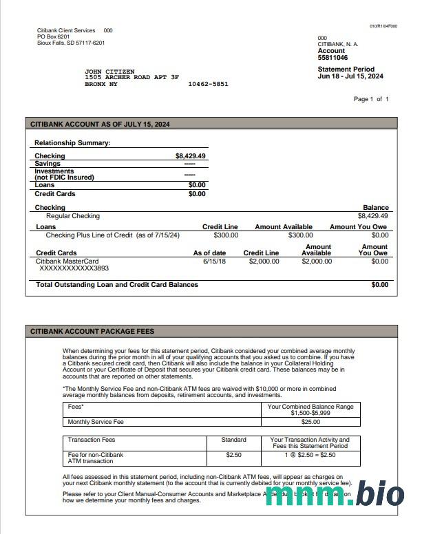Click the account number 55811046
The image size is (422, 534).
tap(333, 58)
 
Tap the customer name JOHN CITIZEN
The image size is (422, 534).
tap(109, 72)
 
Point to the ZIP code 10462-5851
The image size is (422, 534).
tap(208, 84)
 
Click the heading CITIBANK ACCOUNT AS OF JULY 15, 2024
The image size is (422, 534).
tap(100, 124)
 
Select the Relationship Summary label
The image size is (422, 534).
tap(72, 143)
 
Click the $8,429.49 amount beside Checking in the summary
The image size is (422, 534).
tap(190, 156)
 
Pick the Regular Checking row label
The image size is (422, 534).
tap(72, 216)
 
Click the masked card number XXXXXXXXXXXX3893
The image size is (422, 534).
tap(74, 268)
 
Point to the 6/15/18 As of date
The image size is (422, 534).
tap(215, 261)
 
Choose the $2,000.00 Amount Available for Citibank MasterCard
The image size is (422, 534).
tap(317, 261)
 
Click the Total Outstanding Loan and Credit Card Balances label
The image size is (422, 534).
tap(117, 284)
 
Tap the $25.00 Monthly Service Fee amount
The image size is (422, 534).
tap(310, 422)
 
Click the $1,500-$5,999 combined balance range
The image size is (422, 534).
tap(310, 413)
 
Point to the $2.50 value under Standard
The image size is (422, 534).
tap(233, 455)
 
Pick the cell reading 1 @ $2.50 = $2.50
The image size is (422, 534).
tap(310, 455)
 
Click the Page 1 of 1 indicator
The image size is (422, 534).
tap(371, 99)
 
